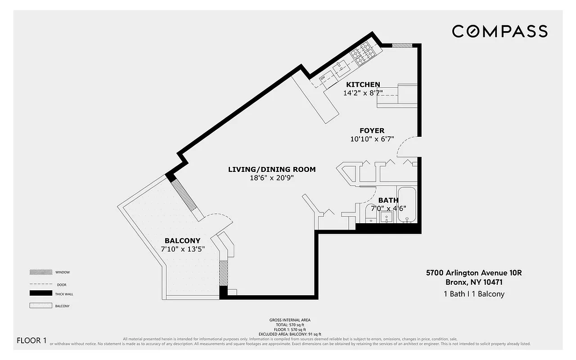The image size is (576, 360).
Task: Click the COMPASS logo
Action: pos(499,31)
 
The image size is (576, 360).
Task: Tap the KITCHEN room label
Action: pos(363,85)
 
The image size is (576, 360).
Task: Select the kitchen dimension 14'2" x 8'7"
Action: pos(363,93)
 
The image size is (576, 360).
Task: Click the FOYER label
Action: pos(372,131)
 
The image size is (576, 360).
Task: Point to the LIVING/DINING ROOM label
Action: pos(272,170)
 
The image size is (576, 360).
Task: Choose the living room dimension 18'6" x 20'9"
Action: pos(272,178)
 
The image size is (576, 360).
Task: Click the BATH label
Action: pos(388,200)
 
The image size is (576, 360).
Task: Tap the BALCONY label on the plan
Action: pos(182,241)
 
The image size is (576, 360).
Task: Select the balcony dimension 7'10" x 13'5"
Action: pos(183,249)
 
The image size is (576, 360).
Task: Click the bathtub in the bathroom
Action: pos(408,205)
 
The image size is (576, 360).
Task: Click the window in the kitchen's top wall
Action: pos(402,45)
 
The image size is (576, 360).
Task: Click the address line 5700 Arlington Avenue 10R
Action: pos(473,273)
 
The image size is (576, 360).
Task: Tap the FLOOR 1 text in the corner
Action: pos(31,340)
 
